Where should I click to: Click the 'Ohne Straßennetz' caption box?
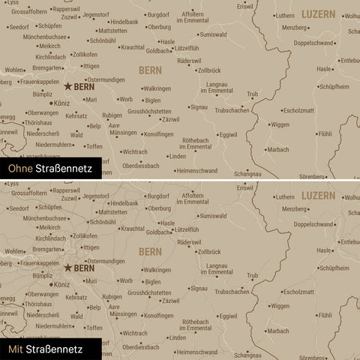46,169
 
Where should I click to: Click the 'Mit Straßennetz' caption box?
43,349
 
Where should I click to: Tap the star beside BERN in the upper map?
68,87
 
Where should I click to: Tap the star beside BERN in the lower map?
68,267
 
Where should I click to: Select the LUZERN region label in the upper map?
319,14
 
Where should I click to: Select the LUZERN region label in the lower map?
319,194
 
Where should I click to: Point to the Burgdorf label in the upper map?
158,15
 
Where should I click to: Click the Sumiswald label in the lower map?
213,215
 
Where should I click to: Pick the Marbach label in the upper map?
278,149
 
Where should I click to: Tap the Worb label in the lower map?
126,279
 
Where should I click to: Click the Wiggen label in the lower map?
279,305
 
